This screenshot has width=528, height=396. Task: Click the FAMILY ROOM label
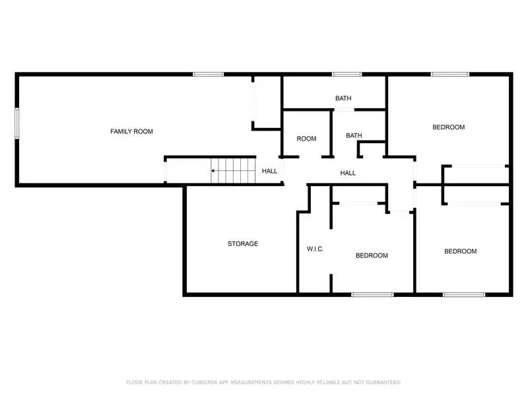click(131, 131)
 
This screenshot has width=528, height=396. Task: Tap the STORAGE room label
click(243, 244)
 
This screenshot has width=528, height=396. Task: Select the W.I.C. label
click(315, 249)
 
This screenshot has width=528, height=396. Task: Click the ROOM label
click(306, 139)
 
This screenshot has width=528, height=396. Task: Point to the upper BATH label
click(343, 98)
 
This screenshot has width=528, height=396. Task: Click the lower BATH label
click(354, 136)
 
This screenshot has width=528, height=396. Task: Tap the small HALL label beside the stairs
click(269, 171)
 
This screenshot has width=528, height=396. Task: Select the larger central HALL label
click(348, 173)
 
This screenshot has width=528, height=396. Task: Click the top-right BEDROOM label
click(449, 127)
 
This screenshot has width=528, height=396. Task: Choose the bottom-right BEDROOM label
click(460, 251)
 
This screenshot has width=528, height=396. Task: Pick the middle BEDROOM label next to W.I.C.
click(372, 255)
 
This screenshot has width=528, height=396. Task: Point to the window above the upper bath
click(346, 74)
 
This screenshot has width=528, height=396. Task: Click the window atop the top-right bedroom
click(450, 74)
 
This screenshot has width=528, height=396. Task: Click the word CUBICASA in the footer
click(208, 382)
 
